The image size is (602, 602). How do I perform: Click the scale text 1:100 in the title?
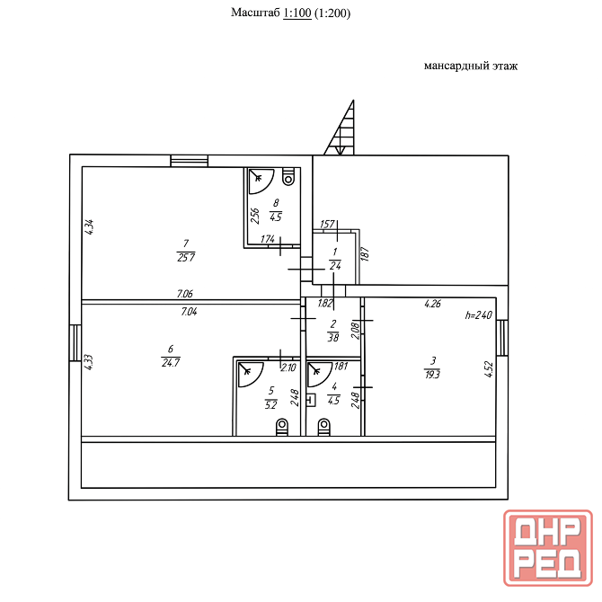[297, 13]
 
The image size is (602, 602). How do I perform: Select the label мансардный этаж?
[471, 66]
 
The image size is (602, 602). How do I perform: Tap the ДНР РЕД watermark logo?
[548, 548]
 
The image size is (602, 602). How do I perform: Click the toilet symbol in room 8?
[288, 177]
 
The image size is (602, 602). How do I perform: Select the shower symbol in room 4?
[319, 374]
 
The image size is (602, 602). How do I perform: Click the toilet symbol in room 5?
[282, 427]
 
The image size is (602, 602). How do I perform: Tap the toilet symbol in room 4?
[324, 427]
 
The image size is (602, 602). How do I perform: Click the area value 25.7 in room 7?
[186, 257]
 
